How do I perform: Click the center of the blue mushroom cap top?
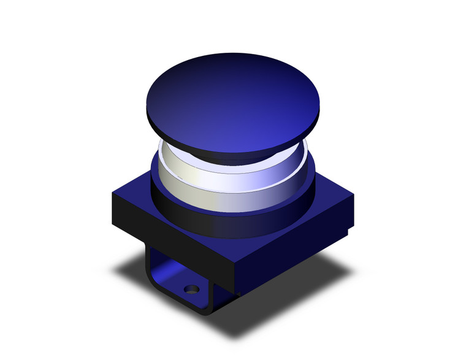pos(236,98)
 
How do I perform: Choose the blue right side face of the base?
pos(294,245)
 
